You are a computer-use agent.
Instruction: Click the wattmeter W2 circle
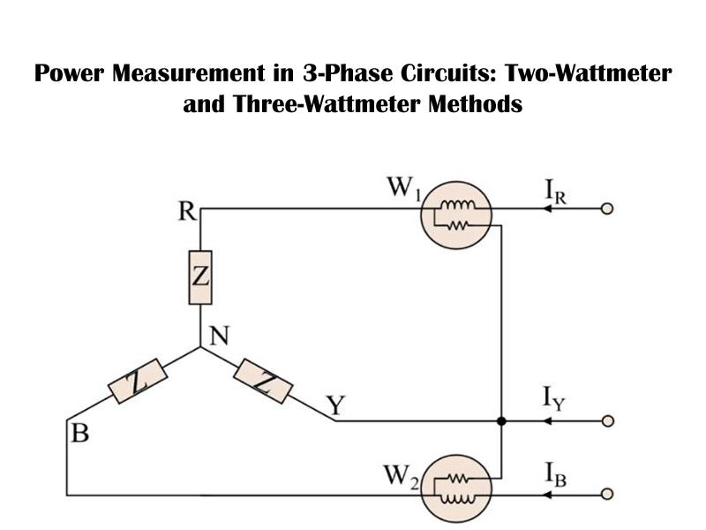454,488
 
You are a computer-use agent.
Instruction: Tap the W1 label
402,188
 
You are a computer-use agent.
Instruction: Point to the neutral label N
220,336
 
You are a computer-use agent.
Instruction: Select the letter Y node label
334,407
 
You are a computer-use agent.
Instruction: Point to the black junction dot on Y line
501,421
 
